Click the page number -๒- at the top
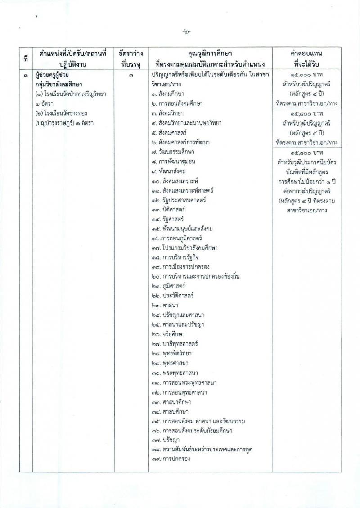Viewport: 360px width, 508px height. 186,32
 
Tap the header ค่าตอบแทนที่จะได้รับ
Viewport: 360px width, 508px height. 308,59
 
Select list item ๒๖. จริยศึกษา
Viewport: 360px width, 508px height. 170,335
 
